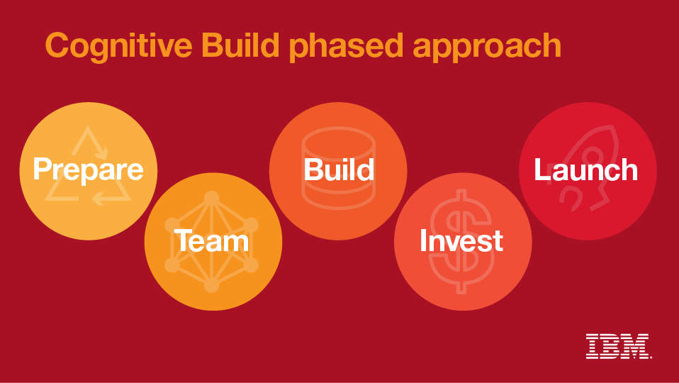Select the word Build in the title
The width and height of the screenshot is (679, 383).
(240, 45)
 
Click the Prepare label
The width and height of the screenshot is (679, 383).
(89, 170)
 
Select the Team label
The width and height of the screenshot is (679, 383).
(211, 241)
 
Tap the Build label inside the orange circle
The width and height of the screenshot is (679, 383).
(339, 170)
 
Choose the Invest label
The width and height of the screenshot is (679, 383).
(461, 240)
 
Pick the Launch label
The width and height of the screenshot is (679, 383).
(586, 170)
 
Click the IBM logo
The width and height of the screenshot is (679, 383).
(618, 345)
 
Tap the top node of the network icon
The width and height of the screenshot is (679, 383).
(211, 198)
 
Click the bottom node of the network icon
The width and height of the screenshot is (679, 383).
(211, 285)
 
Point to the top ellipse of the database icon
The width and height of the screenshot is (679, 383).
(338, 143)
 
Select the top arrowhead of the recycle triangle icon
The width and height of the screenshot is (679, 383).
(103, 153)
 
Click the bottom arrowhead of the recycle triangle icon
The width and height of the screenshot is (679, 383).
(98, 199)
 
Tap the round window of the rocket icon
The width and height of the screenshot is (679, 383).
(593, 156)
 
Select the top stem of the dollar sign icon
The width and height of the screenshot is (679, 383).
(462, 195)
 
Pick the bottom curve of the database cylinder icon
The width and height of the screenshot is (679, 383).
(338, 204)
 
